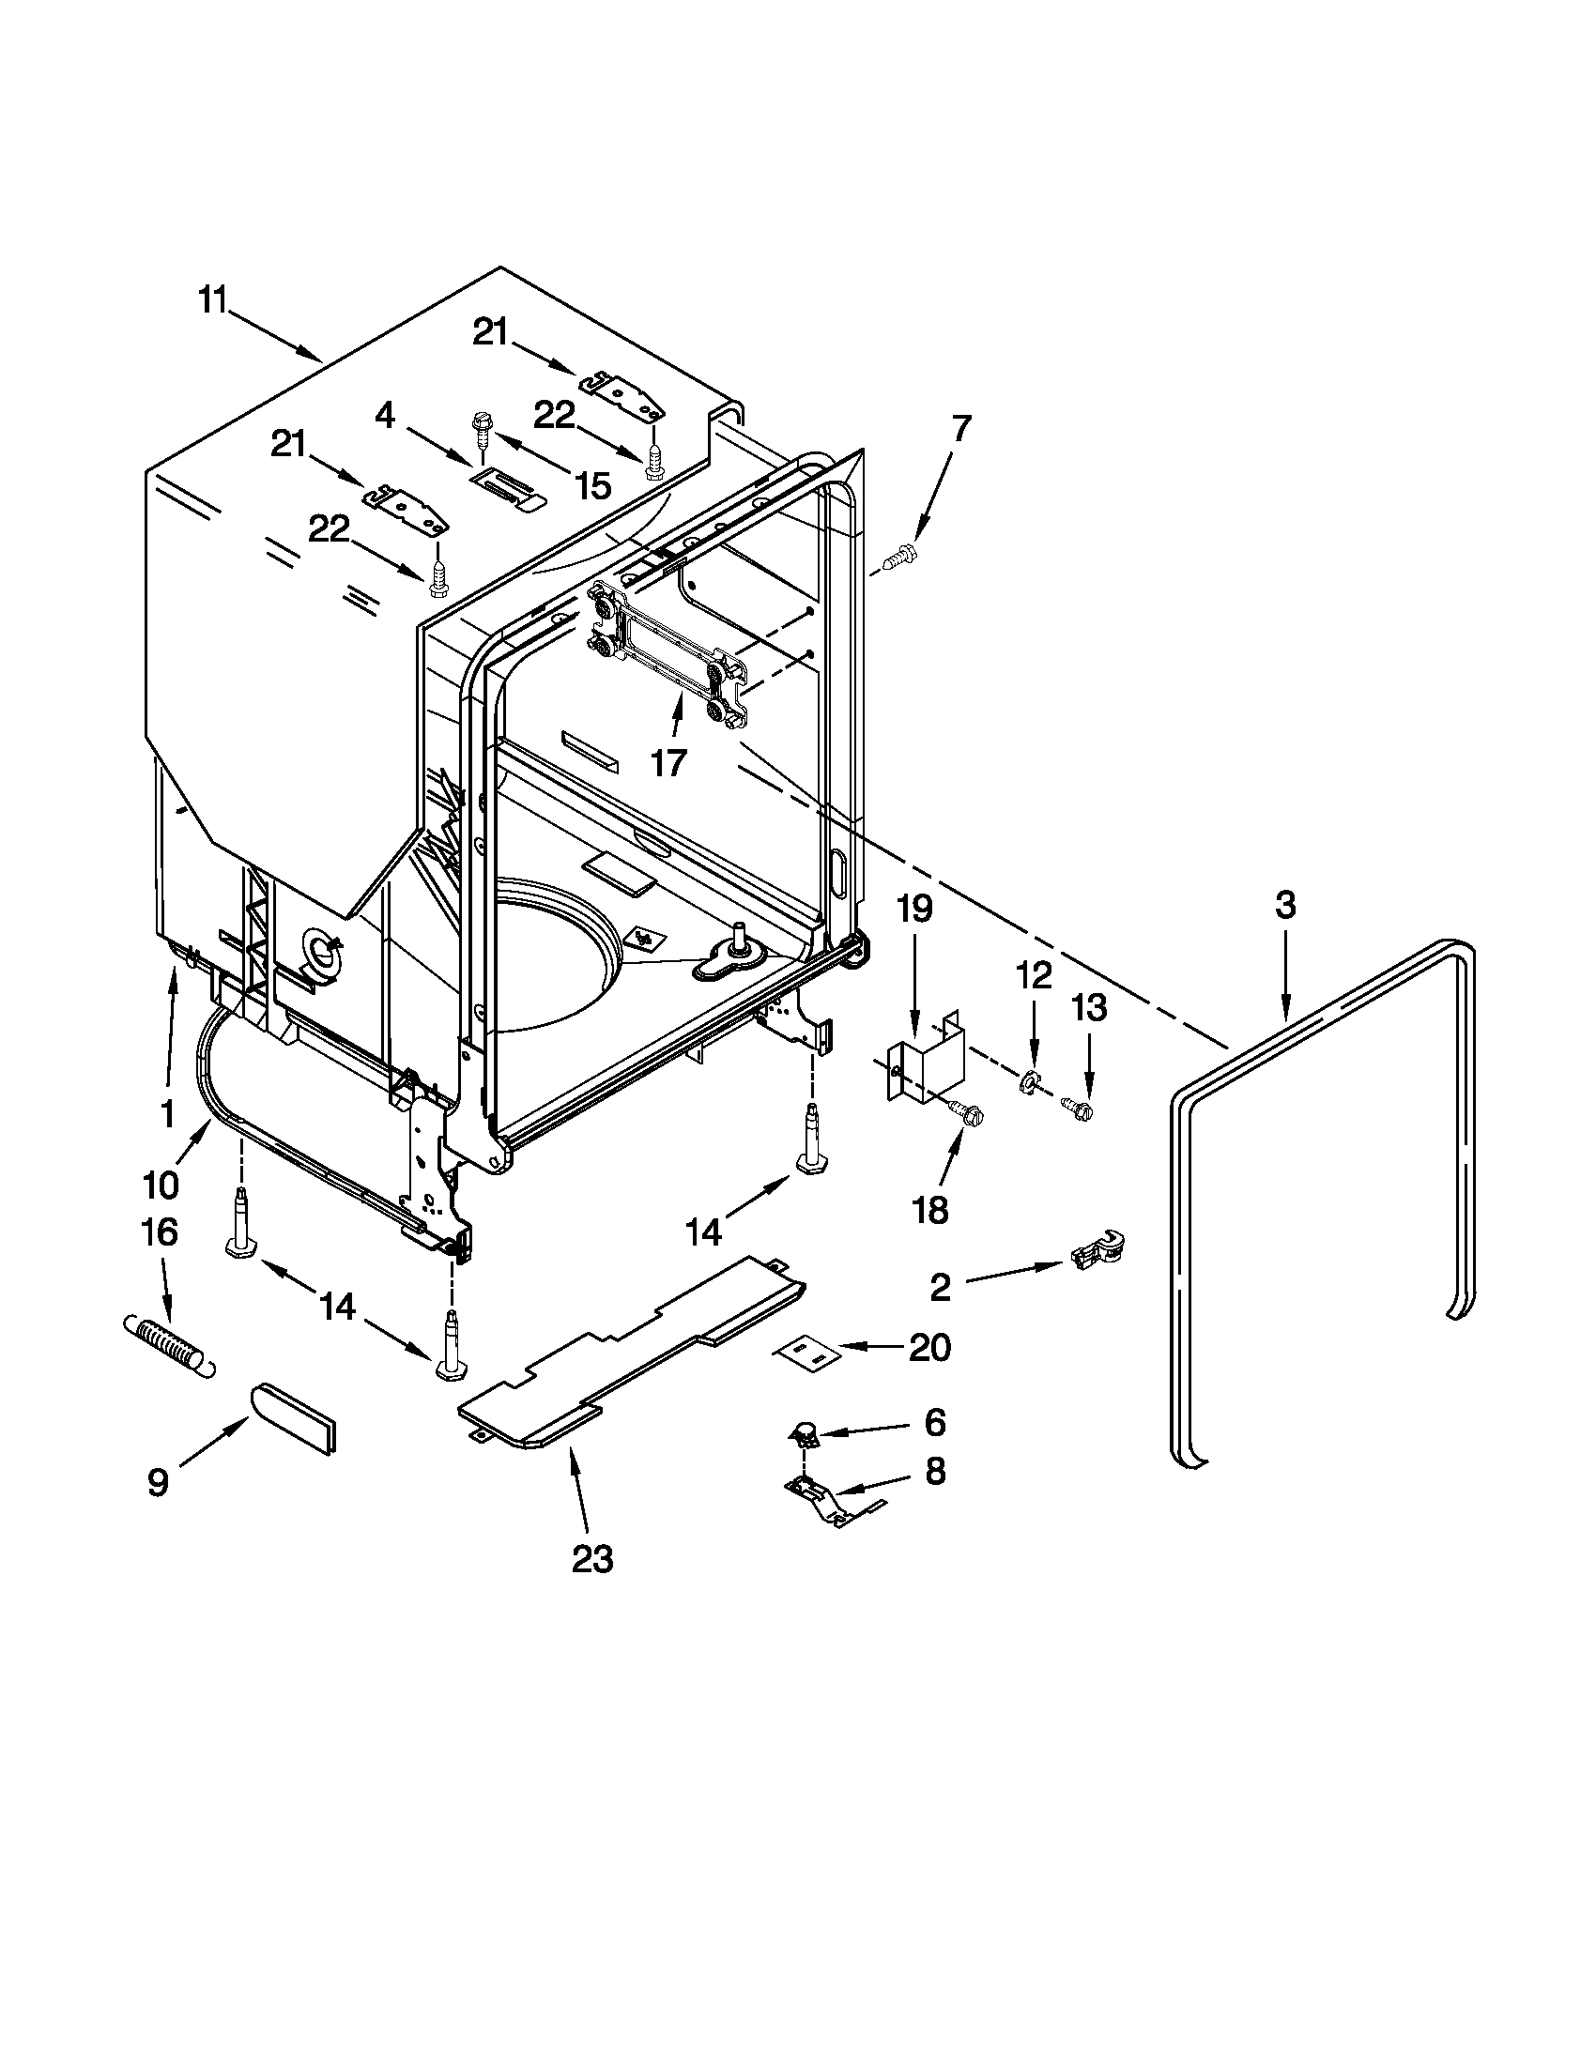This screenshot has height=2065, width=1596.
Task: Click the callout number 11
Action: pos(214,301)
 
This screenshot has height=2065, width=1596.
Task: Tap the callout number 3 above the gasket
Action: pos(1285,905)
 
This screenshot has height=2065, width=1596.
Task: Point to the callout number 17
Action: pos(669,761)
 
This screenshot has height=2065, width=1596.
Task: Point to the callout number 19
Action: pos(914,909)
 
